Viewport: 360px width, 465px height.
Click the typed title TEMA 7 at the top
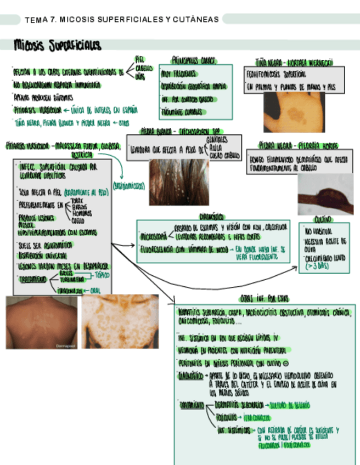pos(122,20)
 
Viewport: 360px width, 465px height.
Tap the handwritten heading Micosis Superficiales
pos(57,45)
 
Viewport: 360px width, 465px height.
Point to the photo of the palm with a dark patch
pos(293,112)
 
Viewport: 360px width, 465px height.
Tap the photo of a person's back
pos(41,322)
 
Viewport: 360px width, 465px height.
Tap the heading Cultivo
pos(323,218)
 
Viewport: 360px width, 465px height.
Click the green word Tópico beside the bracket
pos(102,274)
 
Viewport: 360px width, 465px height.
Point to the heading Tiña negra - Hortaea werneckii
pos(294,62)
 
